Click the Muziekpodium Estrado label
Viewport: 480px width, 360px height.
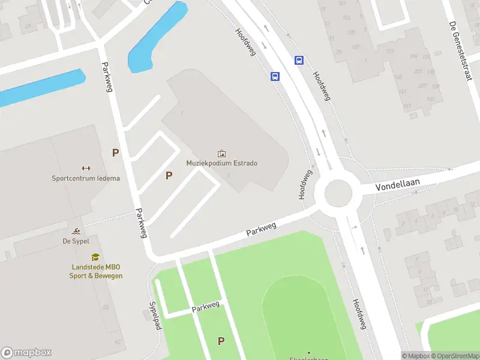222,163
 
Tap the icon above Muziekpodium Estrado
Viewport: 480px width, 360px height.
222,154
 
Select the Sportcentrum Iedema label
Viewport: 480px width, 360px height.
86,178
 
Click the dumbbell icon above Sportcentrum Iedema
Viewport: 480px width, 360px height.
86,169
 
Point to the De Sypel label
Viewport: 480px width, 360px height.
76,241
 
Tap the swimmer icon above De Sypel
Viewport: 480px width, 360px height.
76,232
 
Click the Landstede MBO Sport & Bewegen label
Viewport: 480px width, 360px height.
95,271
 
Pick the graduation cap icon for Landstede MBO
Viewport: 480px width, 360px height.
95,257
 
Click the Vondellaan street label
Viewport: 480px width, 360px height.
399,184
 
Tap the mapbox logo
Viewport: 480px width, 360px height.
26,353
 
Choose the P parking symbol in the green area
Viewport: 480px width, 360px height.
221,341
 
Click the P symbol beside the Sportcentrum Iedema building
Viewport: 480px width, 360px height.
115,153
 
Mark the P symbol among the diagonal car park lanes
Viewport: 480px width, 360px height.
169,175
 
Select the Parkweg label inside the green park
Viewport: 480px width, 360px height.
206,307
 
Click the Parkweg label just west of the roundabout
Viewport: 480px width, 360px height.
261,229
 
